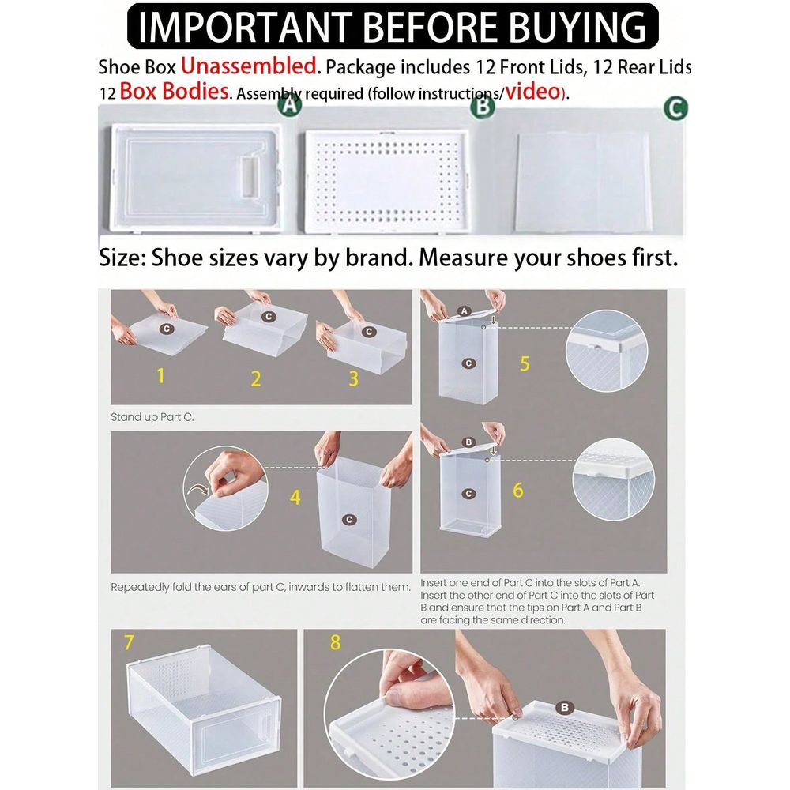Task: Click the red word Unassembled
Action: point(248,66)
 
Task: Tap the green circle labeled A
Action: point(290,105)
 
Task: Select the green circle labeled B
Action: point(483,107)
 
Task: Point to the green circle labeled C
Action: point(675,108)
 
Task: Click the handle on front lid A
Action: point(251,175)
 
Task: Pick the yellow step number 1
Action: point(160,376)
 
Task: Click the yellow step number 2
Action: point(256,378)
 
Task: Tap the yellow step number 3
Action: point(354,378)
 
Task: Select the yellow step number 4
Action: point(295,497)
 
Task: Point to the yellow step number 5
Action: point(525,363)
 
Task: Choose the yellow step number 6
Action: point(518,491)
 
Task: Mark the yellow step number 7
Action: point(129,642)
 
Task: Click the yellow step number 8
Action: point(336,642)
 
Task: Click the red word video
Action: point(533,91)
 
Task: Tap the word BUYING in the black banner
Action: point(577,27)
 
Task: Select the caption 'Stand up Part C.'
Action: point(152,417)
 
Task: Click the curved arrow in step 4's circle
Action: point(197,490)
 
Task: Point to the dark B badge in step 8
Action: point(565,707)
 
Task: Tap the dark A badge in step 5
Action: point(465,311)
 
